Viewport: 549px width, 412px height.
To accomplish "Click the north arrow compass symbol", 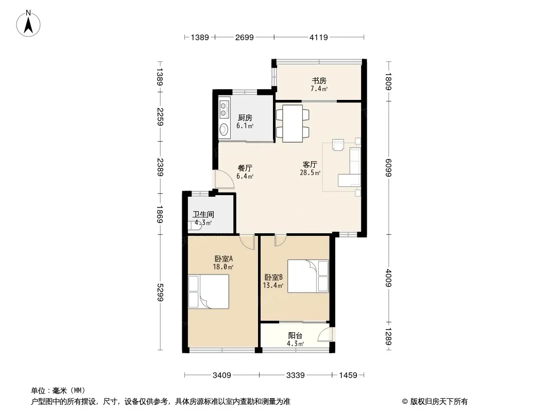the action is point(28,23).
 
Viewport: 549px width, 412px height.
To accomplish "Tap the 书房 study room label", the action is point(319,81).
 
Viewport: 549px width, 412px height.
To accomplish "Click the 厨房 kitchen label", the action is point(245,118).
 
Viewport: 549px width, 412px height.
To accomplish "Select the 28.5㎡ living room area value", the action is point(310,172).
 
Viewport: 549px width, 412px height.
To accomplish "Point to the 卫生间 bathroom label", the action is point(203,214).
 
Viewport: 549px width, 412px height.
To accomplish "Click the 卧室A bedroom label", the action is point(224,259).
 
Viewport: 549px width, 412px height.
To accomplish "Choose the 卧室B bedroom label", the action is point(273,277).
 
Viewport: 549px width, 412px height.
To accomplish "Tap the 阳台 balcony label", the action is point(295,336).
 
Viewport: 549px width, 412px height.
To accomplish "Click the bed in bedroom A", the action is point(209,291).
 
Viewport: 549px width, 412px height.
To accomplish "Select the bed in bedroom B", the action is point(308,276).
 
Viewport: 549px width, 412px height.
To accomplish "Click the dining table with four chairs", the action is point(293,123).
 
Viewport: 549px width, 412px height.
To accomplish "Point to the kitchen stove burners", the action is point(224,108).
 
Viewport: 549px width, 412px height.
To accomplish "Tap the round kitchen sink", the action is point(224,129).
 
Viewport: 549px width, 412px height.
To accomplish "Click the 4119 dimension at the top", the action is point(319,37).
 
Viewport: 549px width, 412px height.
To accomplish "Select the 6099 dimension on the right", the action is point(388,168).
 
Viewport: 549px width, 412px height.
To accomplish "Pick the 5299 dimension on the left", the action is point(160,292).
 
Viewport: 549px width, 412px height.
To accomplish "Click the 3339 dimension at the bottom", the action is point(296,375).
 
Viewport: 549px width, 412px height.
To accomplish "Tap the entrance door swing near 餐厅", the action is point(225,179).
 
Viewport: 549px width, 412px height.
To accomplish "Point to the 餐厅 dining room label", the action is point(245,168).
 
